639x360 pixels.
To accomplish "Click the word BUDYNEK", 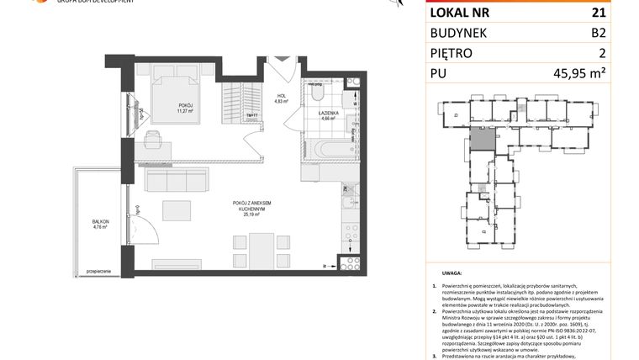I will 465,33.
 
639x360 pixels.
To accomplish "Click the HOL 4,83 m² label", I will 282,99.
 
